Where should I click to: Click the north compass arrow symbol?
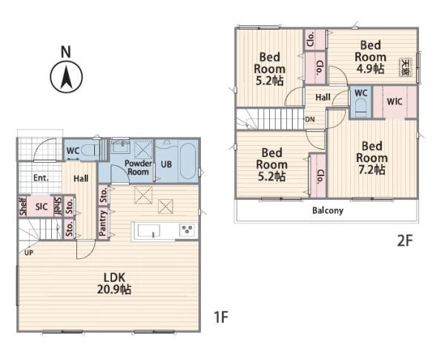pyautogui.click(x=67, y=76)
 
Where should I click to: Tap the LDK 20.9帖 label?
pyautogui.click(x=114, y=284)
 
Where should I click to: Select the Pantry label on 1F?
pyautogui.click(x=103, y=224)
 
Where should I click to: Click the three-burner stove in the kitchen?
pyautogui.click(x=188, y=229)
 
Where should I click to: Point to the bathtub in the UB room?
pyautogui.click(x=188, y=161)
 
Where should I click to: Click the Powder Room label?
pyautogui.click(x=138, y=167)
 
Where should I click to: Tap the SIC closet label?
pyautogui.click(x=42, y=207)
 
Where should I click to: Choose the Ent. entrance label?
pyautogui.click(x=41, y=178)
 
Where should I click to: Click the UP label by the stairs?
pyautogui.click(x=29, y=252)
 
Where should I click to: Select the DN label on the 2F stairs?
pyautogui.click(x=310, y=119)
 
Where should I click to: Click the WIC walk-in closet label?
pyautogui.click(x=395, y=101)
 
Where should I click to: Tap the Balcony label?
pyautogui.click(x=328, y=210)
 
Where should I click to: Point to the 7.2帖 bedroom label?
pyautogui.click(x=372, y=158)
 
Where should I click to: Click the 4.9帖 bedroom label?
pyautogui.click(x=370, y=57)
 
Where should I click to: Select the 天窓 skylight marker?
pyautogui.click(x=405, y=67)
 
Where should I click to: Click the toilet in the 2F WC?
pyautogui.click(x=360, y=107)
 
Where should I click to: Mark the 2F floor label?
pyautogui.click(x=404, y=241)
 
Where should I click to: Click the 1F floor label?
pyautogui.click(x=221, y=317)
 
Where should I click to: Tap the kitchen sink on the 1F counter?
pyautogui.click(x=149, y=230)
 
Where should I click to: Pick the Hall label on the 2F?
pyautogui.click(x=323, y=98)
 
